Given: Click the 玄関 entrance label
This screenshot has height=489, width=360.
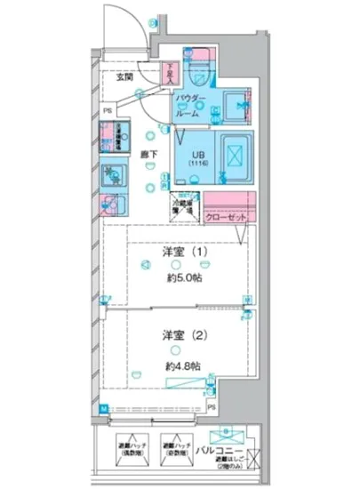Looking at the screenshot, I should pos(124,77).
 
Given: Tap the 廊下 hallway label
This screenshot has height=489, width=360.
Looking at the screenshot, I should pos(150,155).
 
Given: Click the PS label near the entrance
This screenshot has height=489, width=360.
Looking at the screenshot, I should pos(108,111).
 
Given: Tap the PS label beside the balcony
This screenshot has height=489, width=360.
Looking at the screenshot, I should pos(212,407).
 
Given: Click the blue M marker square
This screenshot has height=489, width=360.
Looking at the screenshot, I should pos(103,408).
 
